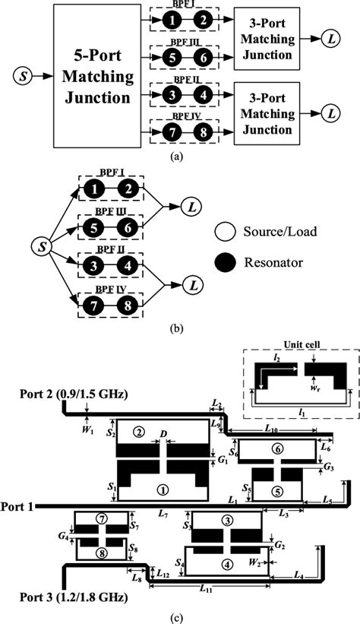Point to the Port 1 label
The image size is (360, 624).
[x=17, y=507]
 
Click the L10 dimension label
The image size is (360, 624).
[x=271, y=431]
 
